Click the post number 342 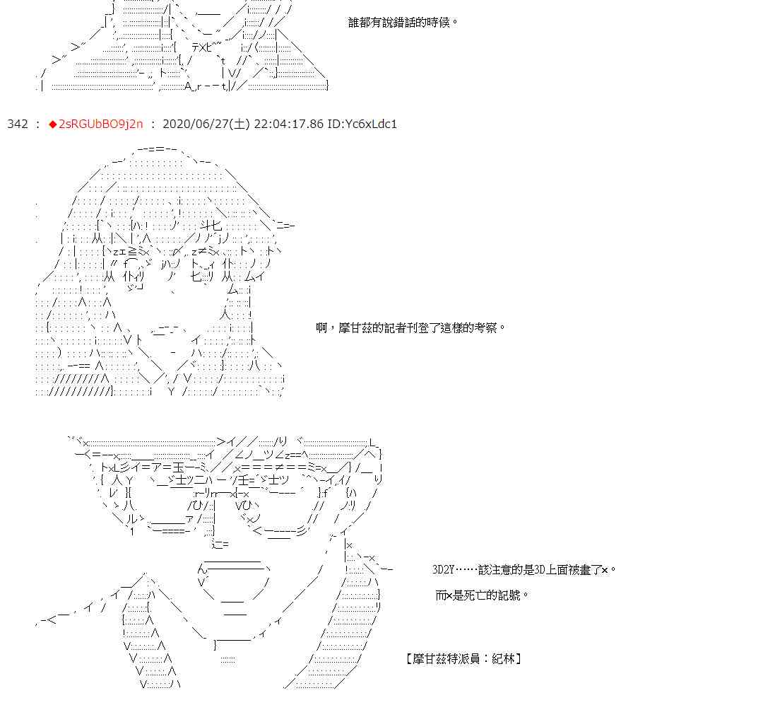point(18,124)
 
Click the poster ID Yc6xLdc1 point(362,124)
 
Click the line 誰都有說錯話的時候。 point(403,22)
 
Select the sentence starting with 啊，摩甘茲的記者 point(411,328)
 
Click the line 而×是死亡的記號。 point(483,595)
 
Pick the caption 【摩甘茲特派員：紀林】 point(464,659)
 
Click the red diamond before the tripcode point(52,124)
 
